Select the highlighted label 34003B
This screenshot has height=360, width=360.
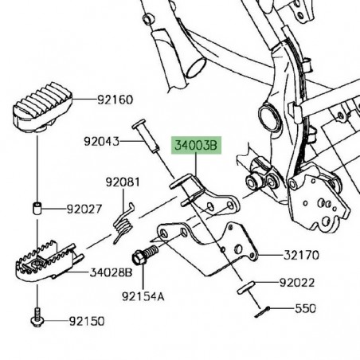pos(196,147)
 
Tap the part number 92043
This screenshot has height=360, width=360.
pos(101,143)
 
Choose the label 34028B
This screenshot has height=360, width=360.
pos(111,272)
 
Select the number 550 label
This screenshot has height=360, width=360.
pos(305,307)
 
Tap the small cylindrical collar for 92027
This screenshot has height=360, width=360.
pos(37,210)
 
